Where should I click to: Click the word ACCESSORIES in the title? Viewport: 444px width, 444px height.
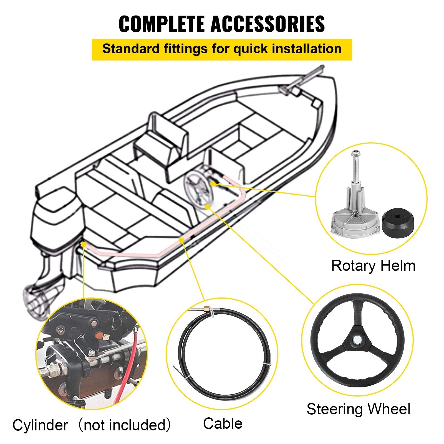268,24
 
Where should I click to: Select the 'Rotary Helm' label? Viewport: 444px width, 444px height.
373,266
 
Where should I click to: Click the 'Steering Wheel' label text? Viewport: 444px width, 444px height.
358,409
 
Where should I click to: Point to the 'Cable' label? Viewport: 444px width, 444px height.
223,424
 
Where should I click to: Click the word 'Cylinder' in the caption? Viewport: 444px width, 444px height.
40,425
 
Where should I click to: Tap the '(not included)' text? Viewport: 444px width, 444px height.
124,425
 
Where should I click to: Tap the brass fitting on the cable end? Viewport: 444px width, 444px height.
207,308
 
